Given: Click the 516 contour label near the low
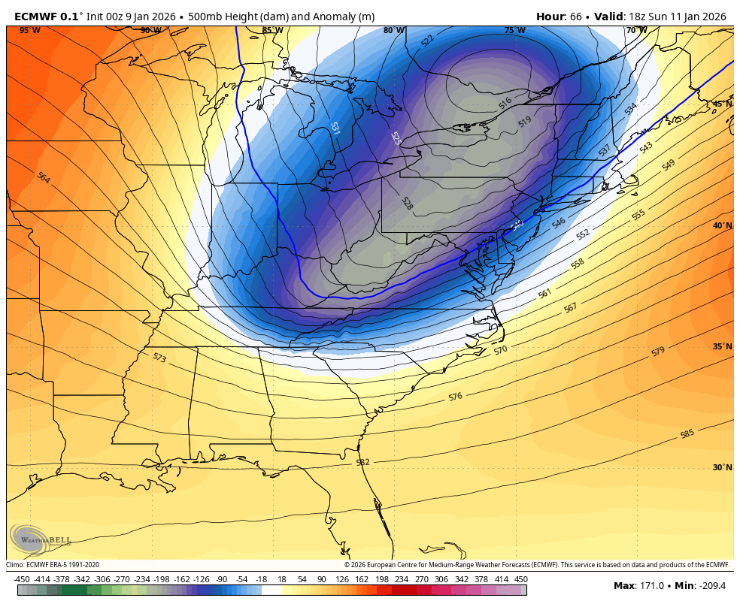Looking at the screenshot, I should tap(505, 101).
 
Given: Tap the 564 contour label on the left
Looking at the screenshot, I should tap(44, 178).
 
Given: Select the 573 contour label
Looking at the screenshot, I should tap(159, 358).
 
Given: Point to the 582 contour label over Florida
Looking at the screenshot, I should tap(362, 462).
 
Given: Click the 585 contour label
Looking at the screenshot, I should tap(687, 434).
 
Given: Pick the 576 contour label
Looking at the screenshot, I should tap(455, 397).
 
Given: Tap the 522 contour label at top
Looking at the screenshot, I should tap(427, 41).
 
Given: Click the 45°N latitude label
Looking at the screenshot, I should tap(722, 104).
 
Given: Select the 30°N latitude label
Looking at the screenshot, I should tap(722, 467).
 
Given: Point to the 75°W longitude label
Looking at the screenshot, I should tap(514, 30).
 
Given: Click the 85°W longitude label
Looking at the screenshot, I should tap(272, 30).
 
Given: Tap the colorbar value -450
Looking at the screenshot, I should tap(22, 579).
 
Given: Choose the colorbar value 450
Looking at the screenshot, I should tap(520, 579).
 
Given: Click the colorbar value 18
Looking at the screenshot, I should tap(282, 579).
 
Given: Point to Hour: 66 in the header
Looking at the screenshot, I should tap(561, 16).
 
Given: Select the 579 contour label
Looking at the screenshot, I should tap(658, 351).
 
